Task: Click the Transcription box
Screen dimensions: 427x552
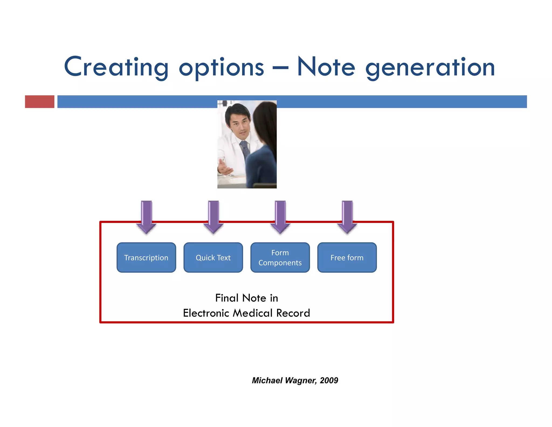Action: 146,257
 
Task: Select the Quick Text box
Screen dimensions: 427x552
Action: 213,257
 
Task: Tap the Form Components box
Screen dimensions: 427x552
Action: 280,257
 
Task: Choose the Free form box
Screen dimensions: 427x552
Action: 347,257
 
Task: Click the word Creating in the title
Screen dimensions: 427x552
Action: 116,67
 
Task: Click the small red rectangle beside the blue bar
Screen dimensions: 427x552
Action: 40,101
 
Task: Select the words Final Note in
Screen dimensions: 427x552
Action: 246,298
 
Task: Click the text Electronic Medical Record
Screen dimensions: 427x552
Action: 246,313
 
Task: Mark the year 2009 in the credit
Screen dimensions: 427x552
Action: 329,380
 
